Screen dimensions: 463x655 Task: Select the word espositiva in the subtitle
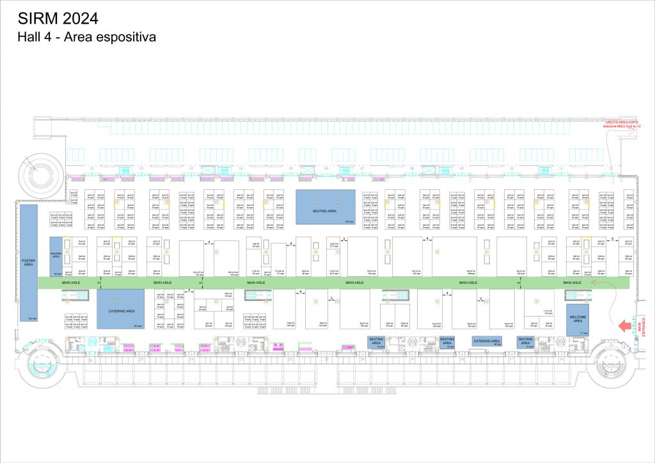coord(125,38)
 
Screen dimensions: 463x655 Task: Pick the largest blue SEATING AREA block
coord(325,206)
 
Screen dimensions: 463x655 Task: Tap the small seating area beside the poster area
coord(55,255)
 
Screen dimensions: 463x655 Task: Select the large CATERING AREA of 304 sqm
coord(121,310)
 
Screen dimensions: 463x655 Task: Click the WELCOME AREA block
coord(578,319)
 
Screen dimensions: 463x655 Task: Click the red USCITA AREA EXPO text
coord(622,122)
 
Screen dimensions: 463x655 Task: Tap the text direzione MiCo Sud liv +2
coord(622,127)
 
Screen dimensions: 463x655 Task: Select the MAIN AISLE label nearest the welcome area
coord(572,282)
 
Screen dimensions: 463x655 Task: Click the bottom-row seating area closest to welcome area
coord(526,342)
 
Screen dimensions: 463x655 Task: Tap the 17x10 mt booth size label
coord(548,311)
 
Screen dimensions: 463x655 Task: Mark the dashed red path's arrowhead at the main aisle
coord(596,282)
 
